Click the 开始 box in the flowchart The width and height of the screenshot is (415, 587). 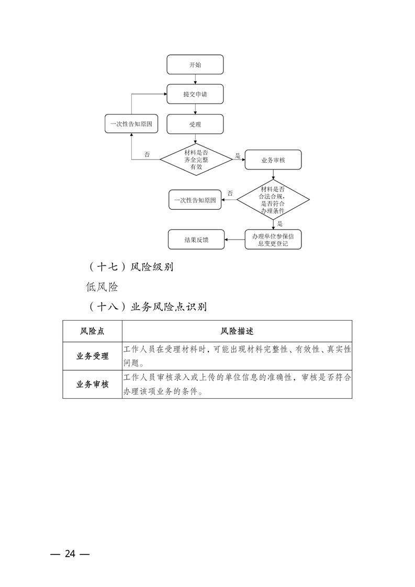click(195, 65)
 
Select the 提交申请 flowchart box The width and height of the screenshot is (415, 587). click(195, 95)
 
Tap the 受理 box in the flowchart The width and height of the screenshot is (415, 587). click(195, 125)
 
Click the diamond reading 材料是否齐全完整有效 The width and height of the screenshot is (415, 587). click(196, 160)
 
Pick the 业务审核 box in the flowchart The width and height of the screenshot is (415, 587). click(273, 160)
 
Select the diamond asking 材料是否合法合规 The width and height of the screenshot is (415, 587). click(273, 199)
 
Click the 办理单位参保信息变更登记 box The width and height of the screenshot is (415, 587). click(273, 240)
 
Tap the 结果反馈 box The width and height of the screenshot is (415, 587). click(196, 240)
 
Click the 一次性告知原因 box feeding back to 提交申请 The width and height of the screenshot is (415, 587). click(131, 125)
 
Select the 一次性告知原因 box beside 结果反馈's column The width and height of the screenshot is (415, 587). click(195, 200)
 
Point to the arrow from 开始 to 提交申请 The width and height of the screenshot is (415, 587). click(195, 79)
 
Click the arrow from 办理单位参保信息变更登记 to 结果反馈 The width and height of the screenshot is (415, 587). click(234, 240)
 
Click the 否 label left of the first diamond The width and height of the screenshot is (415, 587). click(147, 154)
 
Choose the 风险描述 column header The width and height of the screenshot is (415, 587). click(237, 331)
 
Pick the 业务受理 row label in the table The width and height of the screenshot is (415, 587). click(92, 356)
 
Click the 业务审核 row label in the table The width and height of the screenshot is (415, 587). click(92, 385)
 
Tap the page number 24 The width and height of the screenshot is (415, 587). click(70, 554)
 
